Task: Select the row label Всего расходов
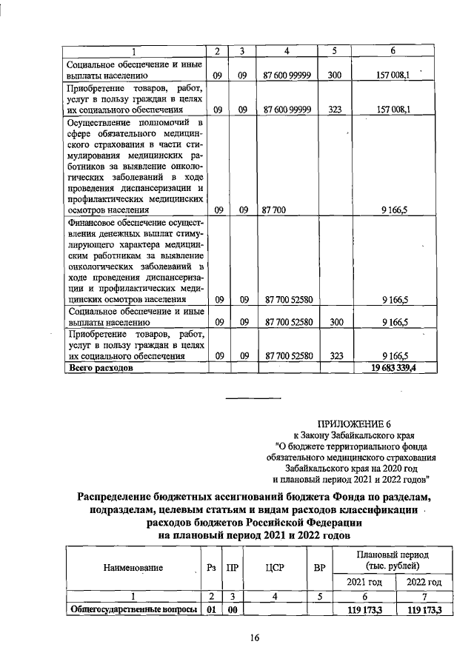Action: coord(101,367)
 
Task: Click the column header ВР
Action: coord(319,568)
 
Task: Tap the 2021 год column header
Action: coord(366,581)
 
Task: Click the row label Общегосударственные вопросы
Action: coord(133,609)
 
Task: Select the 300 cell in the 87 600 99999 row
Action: coord(334,75)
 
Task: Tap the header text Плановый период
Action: coord(393,555)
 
